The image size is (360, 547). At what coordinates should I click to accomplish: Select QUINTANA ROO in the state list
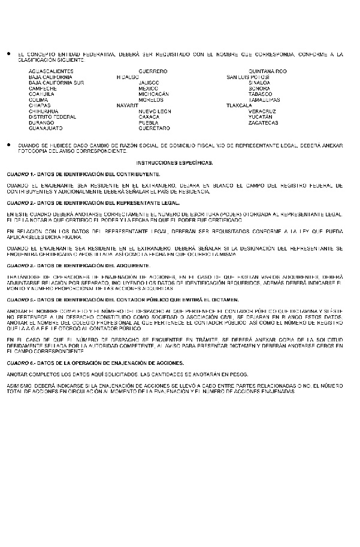point(267,71)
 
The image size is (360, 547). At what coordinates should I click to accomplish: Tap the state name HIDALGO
point(128,77)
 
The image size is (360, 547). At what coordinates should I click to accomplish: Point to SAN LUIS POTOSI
point(247,77)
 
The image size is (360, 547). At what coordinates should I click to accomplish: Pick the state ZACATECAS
point(263,123)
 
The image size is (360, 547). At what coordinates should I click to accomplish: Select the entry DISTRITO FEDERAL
point(52,117)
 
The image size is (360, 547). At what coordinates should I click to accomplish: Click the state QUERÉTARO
point(154,128)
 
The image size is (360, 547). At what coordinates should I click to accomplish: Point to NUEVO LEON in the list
point(155,111)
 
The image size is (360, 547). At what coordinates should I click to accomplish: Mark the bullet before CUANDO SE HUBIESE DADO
point(9,146)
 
